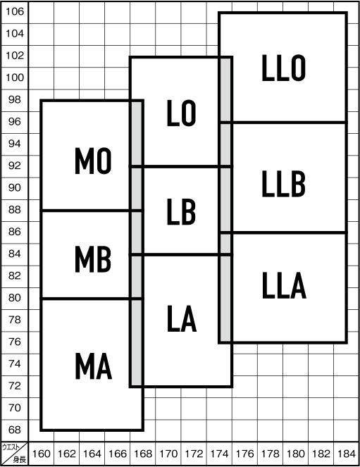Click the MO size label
point(93,161)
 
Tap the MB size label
point(93,259)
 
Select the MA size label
point(94,366)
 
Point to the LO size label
point(181,113)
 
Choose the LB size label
point(181,211)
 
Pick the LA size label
point(182,318)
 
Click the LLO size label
point(283,68)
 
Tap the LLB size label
point(283,184)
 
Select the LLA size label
point(284,285)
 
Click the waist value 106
point(15,11)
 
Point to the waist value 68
point(15,430)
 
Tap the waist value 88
point(15,210)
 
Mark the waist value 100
point(15,77)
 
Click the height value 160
point(41,454)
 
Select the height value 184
point(347,454)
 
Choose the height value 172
point(194,454)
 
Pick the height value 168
point(143,454)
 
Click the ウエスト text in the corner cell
point(11,447)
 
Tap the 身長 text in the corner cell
point(20,459)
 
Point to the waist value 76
point(15,342)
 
